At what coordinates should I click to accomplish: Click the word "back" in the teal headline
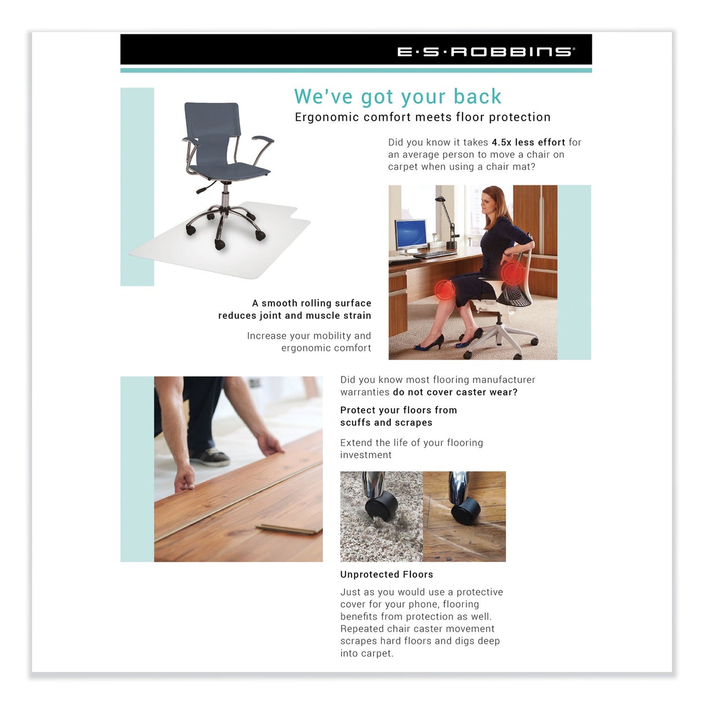(x=477, y=96)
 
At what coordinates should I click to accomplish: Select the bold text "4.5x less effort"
(x=528, y=142)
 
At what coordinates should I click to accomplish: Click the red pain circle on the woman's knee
(x=444, y=290)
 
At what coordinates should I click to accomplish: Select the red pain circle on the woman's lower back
(x=512, y=273)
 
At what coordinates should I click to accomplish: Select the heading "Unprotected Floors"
(x=386, y=574)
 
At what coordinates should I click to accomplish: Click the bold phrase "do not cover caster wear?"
(x=455, y=392)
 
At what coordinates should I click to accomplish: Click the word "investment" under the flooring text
(x=366, y=455)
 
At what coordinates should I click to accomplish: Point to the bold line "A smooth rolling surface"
(x=311, y=303)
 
